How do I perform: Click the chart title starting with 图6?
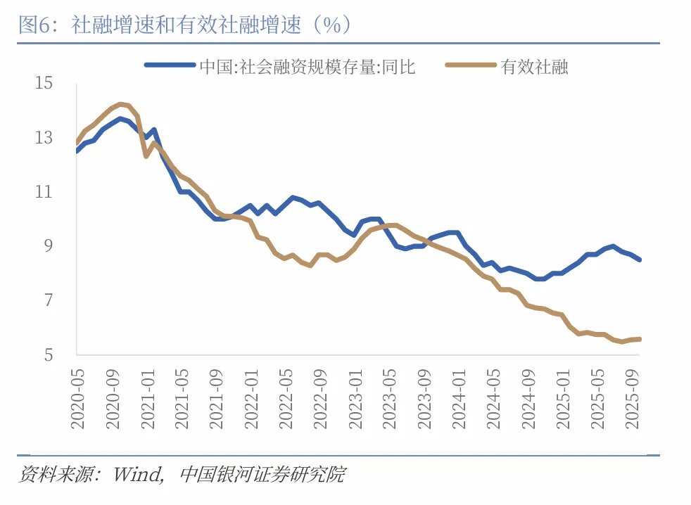coord(185,26)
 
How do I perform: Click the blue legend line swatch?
coord(169,65)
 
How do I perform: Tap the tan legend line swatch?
coord(471,65)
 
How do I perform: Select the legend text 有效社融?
coord(535,67)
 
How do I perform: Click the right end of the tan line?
coord(640,339)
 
